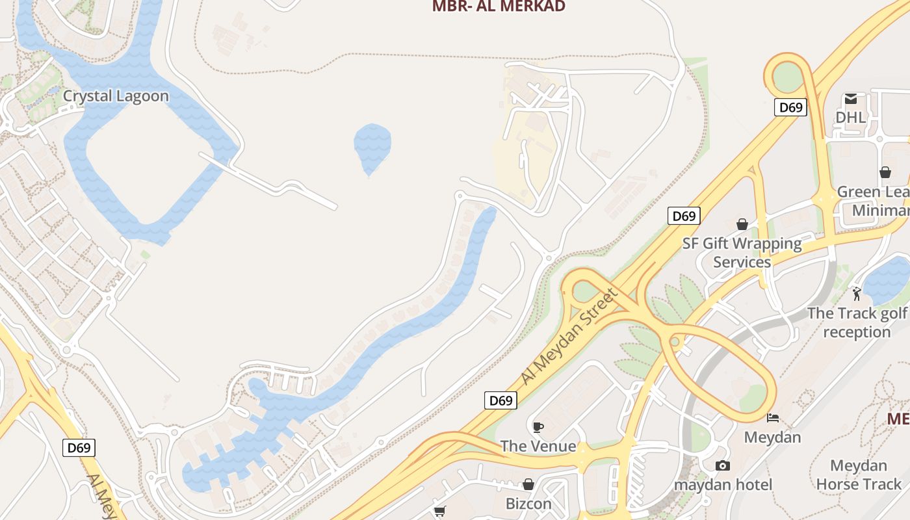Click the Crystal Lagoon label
click(x=116, y=96)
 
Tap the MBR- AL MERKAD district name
click(x=499, y=6)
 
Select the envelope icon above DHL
click(x=850, y=99)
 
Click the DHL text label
click(x=850, y=118)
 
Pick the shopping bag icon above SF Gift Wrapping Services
click(x=742, y=225)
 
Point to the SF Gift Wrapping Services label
click(x=742, y=253)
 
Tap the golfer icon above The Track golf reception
click(x=857, y=294)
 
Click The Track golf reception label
click(x=856, y=322)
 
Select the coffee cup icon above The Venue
click(x=538, y=427)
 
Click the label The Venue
click(x=538, y=446)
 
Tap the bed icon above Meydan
click(x=772, y=418)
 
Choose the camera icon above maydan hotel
click(x=722, y=465)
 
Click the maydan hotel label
click(x=723, y=485)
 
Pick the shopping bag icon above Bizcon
click(x=528, y=485)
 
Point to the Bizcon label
click(x=528, y=504)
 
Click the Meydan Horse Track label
click(x=859, y=474)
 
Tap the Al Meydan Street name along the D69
click(x=569, y=337)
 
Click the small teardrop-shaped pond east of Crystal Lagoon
click(x=372, y=147)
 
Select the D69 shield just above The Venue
click(x=500, y=400)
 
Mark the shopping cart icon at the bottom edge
click(x=439, y=512)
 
